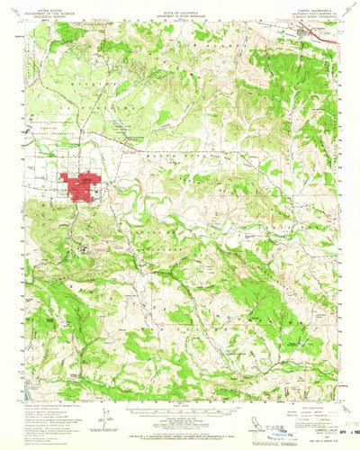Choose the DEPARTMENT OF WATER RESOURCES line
[180, 14]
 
